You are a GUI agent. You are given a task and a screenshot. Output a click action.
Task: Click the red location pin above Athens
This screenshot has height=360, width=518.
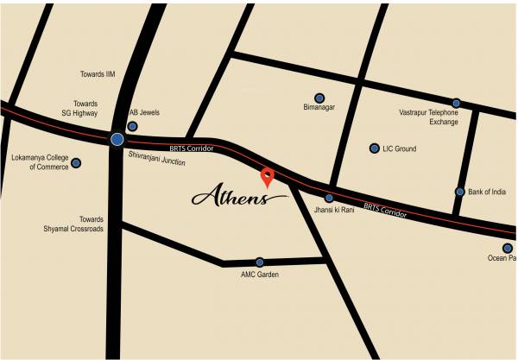[x=268, y=177]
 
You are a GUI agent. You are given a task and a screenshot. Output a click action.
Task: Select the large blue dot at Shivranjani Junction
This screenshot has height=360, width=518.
[x=117, y=139]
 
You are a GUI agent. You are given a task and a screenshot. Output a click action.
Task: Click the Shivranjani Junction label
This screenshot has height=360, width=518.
[x=156, y=158]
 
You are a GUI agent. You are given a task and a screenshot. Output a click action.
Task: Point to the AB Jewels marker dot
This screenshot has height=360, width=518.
[x=132, y=126]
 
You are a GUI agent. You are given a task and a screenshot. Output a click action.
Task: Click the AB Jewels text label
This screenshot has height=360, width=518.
[x=144, y=113]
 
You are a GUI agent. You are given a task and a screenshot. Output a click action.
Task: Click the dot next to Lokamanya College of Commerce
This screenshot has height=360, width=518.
[x=76, y=162]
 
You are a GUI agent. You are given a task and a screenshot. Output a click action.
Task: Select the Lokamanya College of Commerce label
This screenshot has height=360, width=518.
[x=37, y=162]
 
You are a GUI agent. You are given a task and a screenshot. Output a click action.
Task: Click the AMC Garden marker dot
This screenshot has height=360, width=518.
[x=259, y=262]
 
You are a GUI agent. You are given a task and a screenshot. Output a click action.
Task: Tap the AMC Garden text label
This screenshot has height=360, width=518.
[x=260, y=275]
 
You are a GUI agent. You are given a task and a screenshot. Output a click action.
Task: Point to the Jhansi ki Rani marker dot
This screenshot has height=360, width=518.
[x=329, y=198]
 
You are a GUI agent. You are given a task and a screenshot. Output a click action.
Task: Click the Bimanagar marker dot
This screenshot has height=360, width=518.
[x=319, y=98]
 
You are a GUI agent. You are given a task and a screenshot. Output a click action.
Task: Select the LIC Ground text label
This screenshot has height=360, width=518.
[x=400, y=149]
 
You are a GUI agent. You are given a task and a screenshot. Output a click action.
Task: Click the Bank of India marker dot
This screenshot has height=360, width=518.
[x=460, y=192]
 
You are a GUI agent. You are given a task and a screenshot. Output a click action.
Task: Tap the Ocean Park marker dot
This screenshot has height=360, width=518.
[x=508, y=247]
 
